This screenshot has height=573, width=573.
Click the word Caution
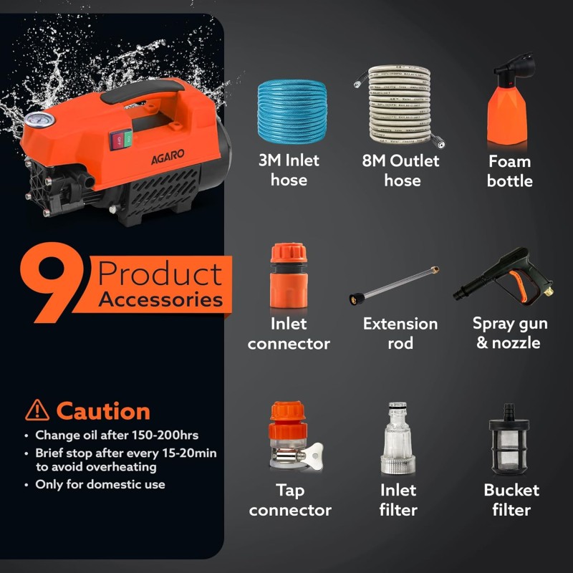coord(103,411)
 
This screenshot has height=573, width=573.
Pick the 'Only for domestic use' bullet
coord(100,485)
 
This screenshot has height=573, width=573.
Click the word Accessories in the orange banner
coord(160,299)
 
